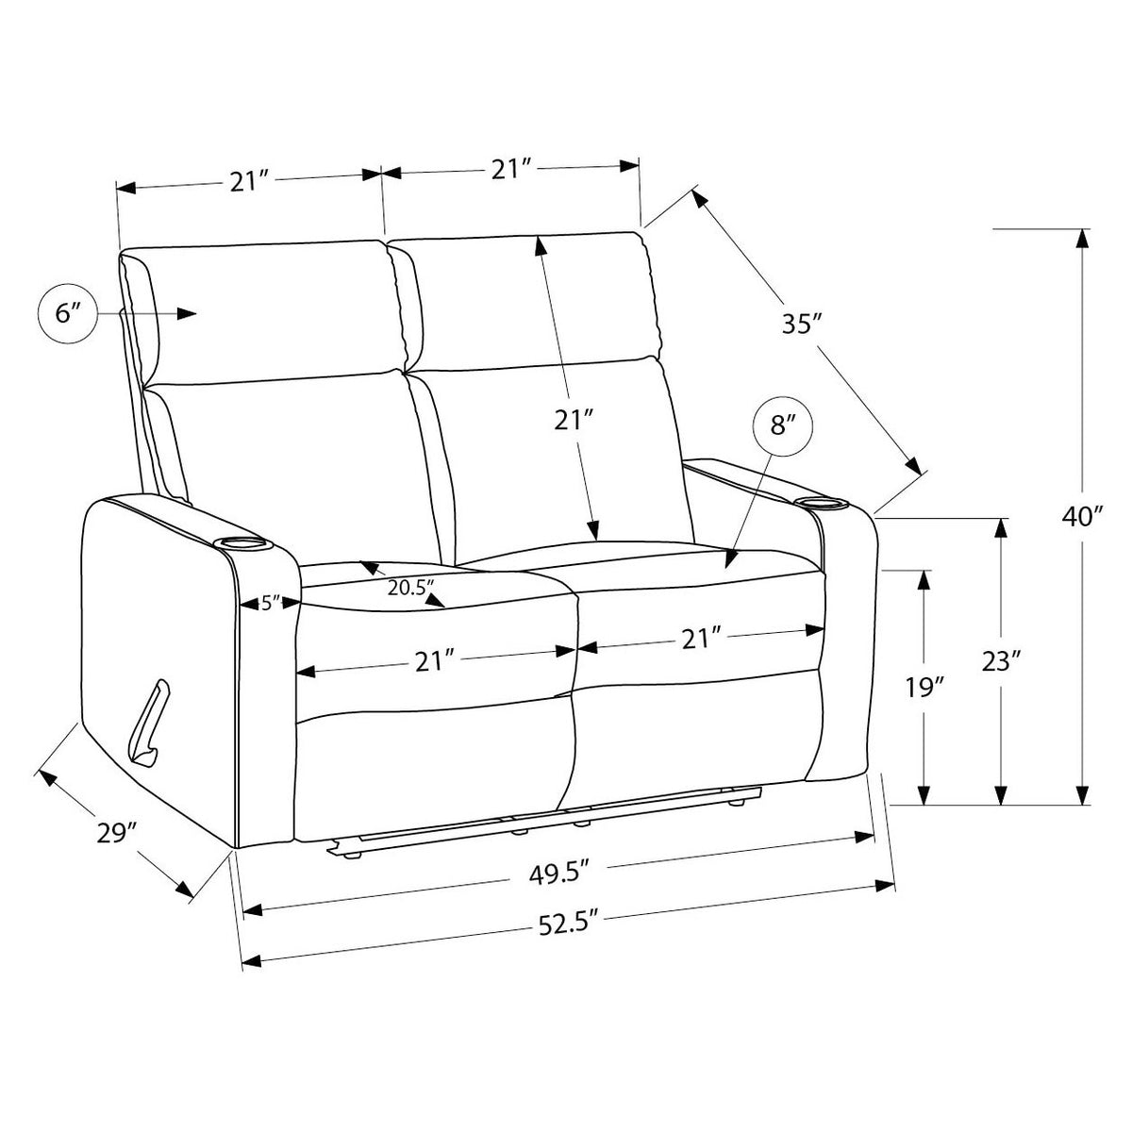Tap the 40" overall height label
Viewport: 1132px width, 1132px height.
coord(1081,516)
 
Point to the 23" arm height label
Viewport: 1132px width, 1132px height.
coord(1002,661)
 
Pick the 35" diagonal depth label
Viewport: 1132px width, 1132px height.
coord(801,324)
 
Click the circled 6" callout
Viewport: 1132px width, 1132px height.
coord(69,314)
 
